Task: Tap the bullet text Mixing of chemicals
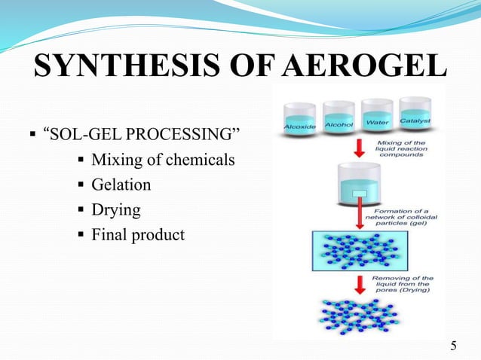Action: [x=163, y=160]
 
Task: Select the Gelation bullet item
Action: [x=121, y=185]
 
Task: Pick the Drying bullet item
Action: [x=115, y=209]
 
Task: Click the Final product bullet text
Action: [x=137, y=234]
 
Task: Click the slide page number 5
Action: [x=453, y=346]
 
